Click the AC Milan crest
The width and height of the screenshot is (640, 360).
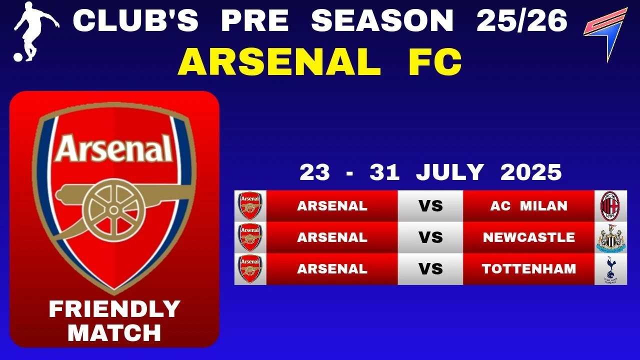[610, 206]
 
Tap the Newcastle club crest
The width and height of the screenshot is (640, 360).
[611, 237]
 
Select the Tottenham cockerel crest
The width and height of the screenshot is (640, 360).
[610, 269]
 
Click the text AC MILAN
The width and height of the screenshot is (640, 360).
[528, 206]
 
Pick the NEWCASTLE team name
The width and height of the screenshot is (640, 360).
[529, 237]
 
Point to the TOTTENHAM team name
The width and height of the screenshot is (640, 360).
[529, 269]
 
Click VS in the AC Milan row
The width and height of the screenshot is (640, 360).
[430, 206]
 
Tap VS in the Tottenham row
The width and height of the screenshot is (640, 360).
[430, 269]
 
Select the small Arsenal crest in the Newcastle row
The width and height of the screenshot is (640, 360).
[250, 237]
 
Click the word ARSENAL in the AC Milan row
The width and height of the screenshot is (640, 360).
[332, 206]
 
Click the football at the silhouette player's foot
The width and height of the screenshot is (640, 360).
[18, 57]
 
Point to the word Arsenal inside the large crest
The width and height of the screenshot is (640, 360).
[113, 148]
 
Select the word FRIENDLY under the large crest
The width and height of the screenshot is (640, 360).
[114, 309]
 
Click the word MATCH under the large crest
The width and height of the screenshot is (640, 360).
[114, 333]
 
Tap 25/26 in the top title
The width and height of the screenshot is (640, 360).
[521, 20]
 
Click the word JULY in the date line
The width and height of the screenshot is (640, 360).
[449, 172]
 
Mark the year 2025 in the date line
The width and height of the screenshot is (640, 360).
[531, 172]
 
